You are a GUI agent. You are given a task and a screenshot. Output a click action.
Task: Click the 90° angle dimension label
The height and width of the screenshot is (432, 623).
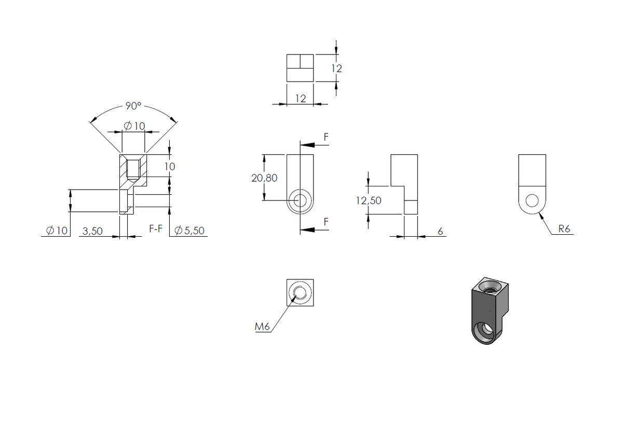click(x=133, y=106)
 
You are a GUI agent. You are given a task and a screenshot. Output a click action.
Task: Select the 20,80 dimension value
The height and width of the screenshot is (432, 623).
click(x=264, y=178)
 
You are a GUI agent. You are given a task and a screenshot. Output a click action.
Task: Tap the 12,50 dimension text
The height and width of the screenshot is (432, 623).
click(x=369, y=200)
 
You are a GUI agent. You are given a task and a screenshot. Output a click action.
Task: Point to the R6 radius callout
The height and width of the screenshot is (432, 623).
click(x=564, y=229)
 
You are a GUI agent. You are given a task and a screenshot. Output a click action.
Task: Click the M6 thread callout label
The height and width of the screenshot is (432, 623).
click(x=262, y=327)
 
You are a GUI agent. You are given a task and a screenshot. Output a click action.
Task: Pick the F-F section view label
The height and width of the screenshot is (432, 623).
click(x=156, y=228)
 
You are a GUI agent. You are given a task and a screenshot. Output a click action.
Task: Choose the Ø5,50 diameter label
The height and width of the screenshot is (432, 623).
click(x=189, y=231)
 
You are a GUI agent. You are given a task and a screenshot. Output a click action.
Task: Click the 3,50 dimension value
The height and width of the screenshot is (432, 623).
click(x=92, y=231)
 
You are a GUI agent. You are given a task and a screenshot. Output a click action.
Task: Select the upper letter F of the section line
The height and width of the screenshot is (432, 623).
click(x=326, y=137)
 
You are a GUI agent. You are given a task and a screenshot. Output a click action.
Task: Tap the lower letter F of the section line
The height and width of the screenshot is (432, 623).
click(x=326, y=222)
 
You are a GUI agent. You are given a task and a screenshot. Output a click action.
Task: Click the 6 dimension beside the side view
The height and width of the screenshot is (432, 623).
click(x=440, y=231)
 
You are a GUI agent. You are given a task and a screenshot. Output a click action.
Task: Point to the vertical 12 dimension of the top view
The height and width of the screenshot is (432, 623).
click(x=336, y=69)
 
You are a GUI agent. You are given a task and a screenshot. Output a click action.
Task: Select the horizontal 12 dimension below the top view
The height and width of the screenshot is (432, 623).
click(x=301, y=99)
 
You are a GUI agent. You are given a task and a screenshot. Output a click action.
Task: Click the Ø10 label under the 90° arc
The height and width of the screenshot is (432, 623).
click(x=134, y=126)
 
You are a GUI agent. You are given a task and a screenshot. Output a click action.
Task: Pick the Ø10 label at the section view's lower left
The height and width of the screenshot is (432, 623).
click(x=57, y=231)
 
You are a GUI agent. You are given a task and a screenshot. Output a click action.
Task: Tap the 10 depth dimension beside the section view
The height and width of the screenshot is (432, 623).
click(x=170, y=167)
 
